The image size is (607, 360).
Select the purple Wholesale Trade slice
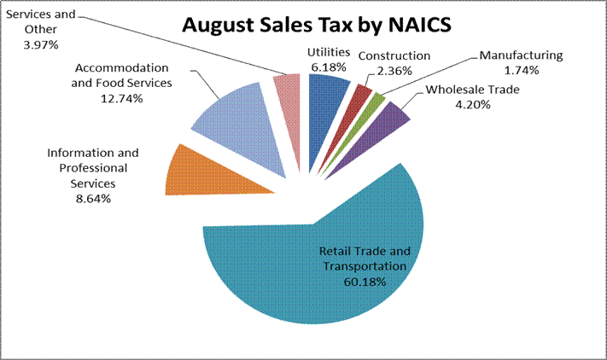(x=394, y=116)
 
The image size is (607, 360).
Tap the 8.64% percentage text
(x=93, y=199)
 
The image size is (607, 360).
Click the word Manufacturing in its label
(x=521, y=55)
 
